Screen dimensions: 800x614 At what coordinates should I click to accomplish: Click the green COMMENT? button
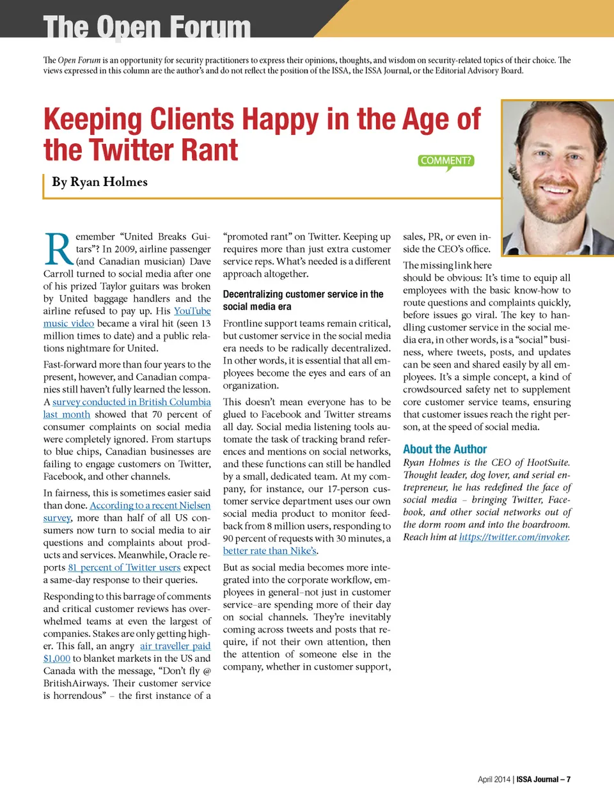(x=446, y=161)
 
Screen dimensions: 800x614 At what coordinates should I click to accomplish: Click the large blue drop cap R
(x=58, y=250)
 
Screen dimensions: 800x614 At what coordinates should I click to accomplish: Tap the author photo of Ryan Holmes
(x=557, y=178)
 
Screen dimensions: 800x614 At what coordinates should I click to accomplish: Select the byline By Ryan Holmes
(x=100, y=182)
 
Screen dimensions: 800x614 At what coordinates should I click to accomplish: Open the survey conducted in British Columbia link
(x=131, y=402)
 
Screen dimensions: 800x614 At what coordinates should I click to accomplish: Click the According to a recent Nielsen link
(x=150, y=505)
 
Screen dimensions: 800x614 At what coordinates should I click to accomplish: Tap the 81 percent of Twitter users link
(x=124, y=567)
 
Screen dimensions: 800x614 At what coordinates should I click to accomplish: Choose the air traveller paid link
(x=175, y=646)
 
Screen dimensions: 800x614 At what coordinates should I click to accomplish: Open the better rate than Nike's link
(x=270, y=551)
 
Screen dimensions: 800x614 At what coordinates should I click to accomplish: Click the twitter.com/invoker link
(x=514, y=537)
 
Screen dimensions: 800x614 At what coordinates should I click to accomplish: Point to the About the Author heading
(x=445, y=449)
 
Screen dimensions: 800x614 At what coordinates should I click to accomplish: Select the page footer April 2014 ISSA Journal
(x=524, y=779)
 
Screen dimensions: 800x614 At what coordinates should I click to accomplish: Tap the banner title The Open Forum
(x=147, y=27)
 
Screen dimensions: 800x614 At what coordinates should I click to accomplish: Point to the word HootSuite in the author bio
(x=547, y=462)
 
